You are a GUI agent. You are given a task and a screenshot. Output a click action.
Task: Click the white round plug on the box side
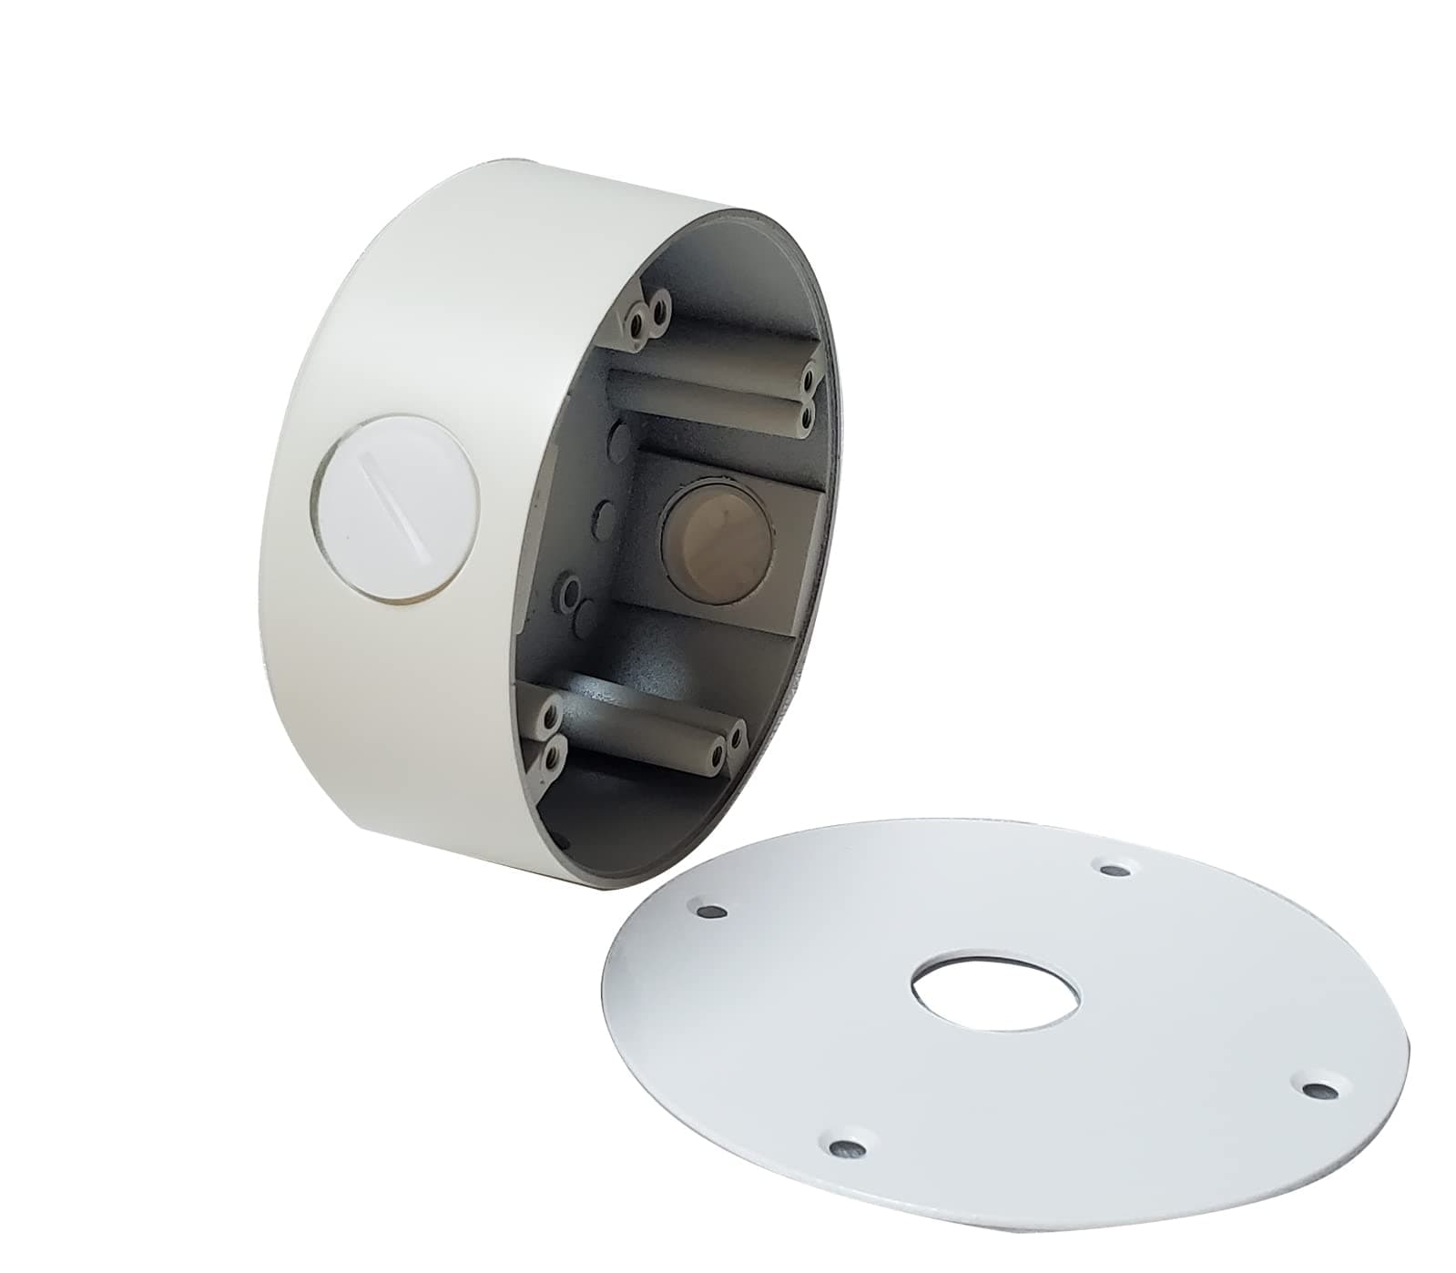(x=399, y=507)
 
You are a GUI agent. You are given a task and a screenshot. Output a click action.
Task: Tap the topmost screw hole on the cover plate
(x=1113, y=870)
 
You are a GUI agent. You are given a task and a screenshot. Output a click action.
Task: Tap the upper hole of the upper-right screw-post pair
(x=806, y=375)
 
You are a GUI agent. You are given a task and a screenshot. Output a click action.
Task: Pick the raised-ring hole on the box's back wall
(x=571, y=593)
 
